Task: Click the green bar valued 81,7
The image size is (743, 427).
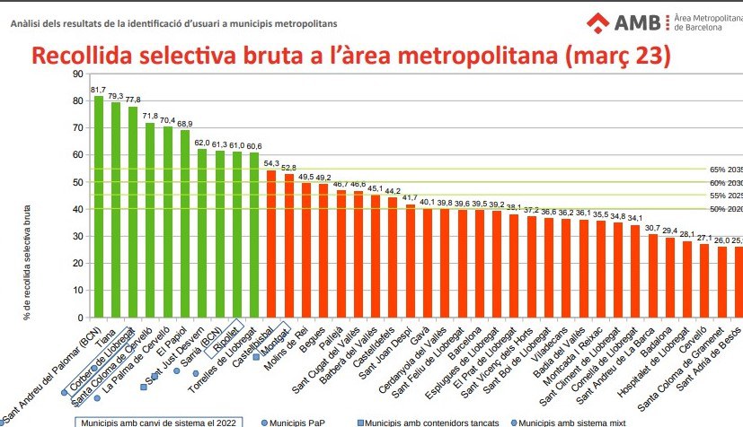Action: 99,206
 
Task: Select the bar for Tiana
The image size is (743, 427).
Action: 116,210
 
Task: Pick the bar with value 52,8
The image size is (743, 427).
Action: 288,246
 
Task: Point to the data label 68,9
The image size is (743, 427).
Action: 185,124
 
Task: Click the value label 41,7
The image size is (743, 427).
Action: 410,198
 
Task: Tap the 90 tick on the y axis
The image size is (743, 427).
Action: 77,74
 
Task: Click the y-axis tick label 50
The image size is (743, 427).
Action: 77,210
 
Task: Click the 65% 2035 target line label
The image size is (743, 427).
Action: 726,170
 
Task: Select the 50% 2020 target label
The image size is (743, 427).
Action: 726,210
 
